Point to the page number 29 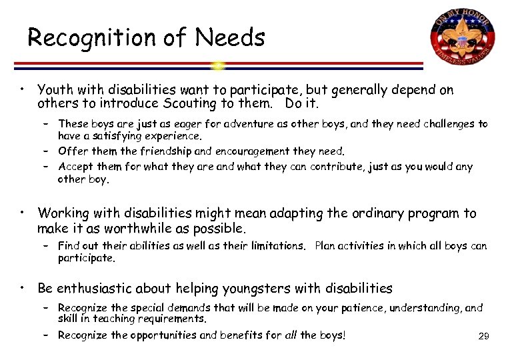484,337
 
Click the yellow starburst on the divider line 218,65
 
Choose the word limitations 275,246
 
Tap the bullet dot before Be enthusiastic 23,287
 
